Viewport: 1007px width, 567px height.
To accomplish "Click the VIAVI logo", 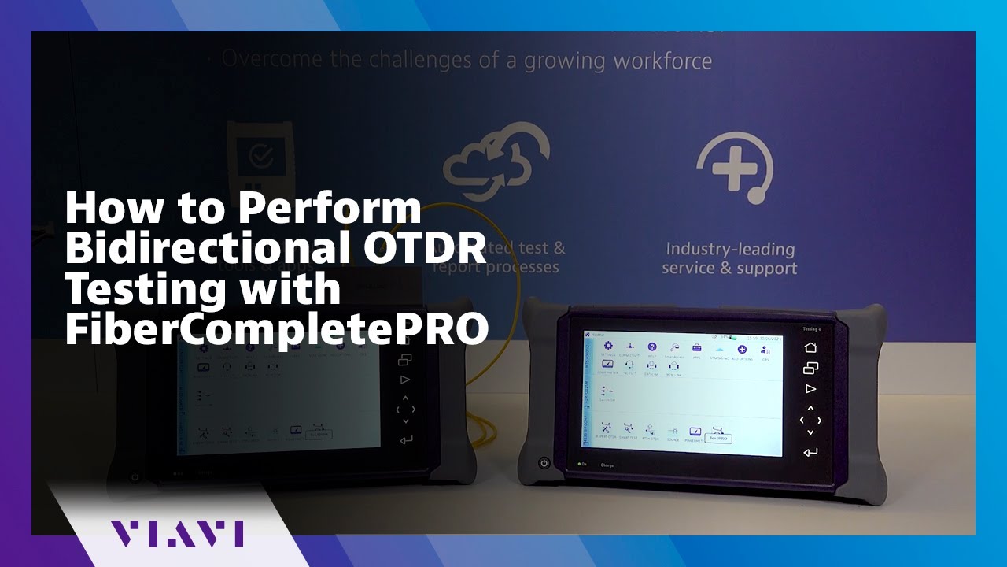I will tap(176, 533).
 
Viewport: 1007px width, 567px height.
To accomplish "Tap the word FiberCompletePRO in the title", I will tap(276, 330).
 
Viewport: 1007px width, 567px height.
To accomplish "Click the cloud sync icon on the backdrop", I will tap(496, 162).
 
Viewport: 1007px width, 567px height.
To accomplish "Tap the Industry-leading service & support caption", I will tap(729, 259).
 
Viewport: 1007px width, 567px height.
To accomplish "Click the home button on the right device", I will tap(810, 347).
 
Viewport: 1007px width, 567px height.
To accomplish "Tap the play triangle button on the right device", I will tap(810, 388).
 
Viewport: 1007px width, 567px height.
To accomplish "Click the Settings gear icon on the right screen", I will tap(607, 346).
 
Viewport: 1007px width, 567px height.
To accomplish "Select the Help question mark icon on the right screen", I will tap(652, 346).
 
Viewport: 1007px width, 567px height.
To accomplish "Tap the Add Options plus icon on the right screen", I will tap(741, 349).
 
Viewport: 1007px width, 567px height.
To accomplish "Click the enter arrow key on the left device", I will tap(405, 439).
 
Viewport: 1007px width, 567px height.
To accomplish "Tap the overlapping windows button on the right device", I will tap(810, 368).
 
